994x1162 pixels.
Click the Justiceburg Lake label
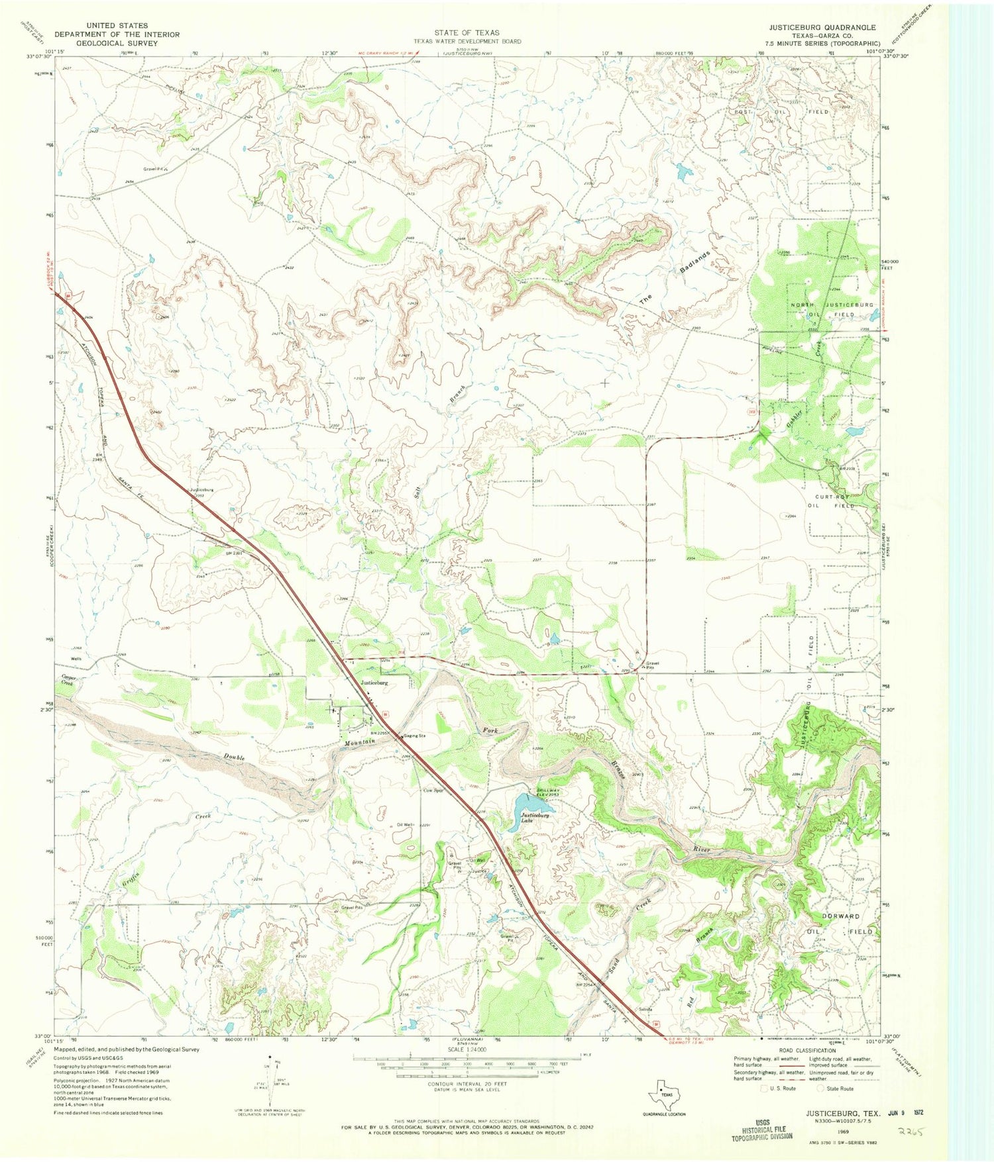coord(535,816)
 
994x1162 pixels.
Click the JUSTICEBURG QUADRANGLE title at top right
coord(822,28)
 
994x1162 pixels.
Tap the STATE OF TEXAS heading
coord(467,32)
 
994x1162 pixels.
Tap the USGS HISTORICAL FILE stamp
coord(762,1131)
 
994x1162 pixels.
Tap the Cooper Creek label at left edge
coord(68,680)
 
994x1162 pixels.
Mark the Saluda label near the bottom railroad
coord(645,1009)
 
